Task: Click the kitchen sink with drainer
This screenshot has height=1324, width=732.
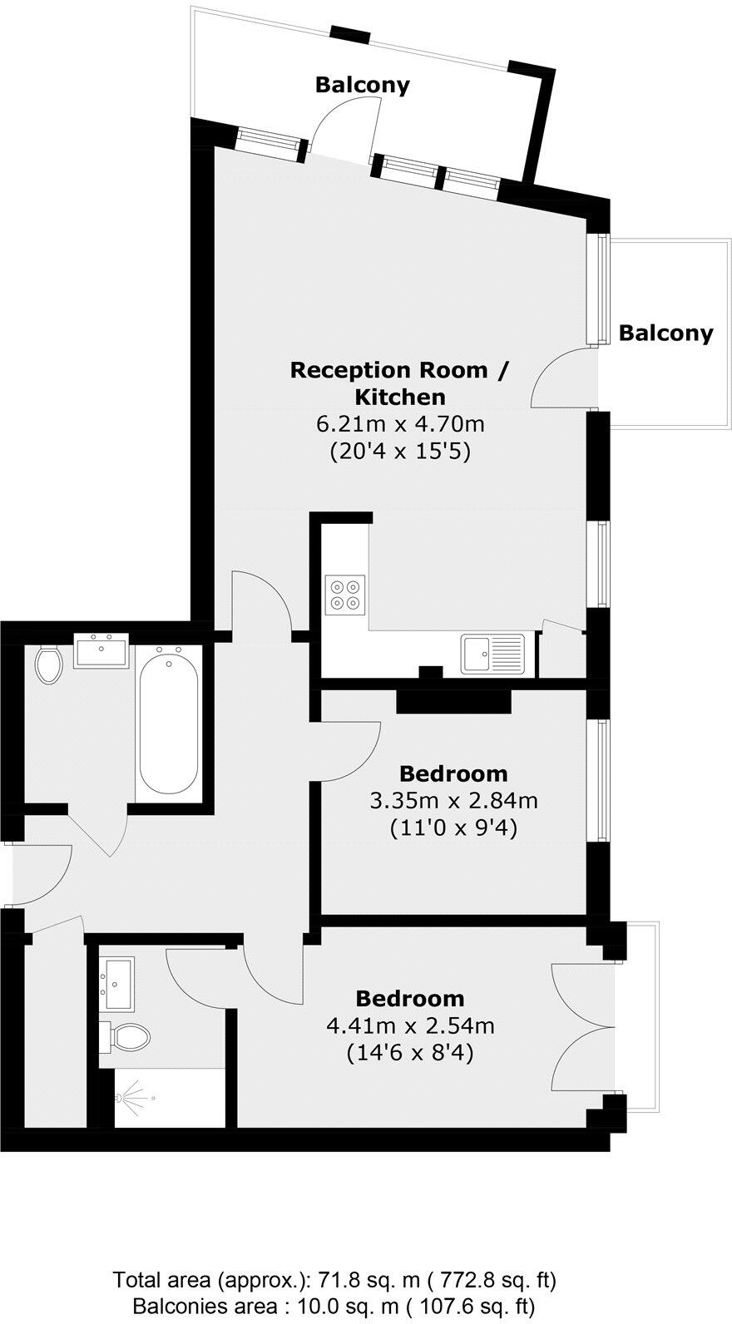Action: click(493, 653)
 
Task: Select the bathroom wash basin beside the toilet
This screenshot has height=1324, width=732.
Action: click(101, 650)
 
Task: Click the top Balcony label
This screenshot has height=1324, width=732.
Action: click(362, 85)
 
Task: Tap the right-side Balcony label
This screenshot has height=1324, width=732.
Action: click(665, 333)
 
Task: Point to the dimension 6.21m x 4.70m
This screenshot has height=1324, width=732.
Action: click(400, 424)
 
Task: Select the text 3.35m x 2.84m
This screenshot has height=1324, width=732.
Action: click(453, 801)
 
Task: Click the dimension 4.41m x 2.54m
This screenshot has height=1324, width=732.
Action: click(410, 1025)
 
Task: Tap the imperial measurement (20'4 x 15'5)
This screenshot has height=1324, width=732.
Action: click(400, 452)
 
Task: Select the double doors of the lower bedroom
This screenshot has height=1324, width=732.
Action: click(582, 1026)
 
